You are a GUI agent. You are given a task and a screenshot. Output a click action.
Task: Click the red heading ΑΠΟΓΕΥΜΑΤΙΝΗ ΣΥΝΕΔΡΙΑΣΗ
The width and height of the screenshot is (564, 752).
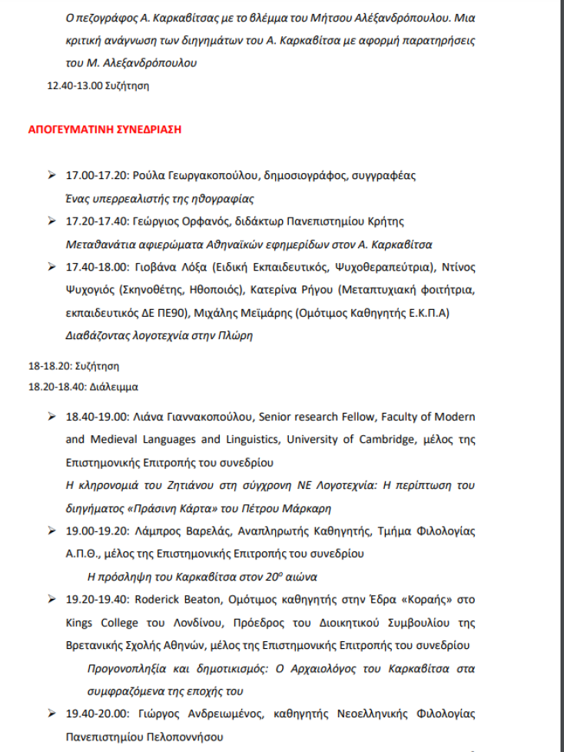coord(105,129)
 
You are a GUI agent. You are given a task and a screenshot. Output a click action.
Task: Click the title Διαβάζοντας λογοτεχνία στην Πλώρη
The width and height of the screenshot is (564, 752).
coord(159,335)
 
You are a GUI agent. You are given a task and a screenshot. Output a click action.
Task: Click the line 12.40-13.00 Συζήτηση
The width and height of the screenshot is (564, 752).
coord(98,85)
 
